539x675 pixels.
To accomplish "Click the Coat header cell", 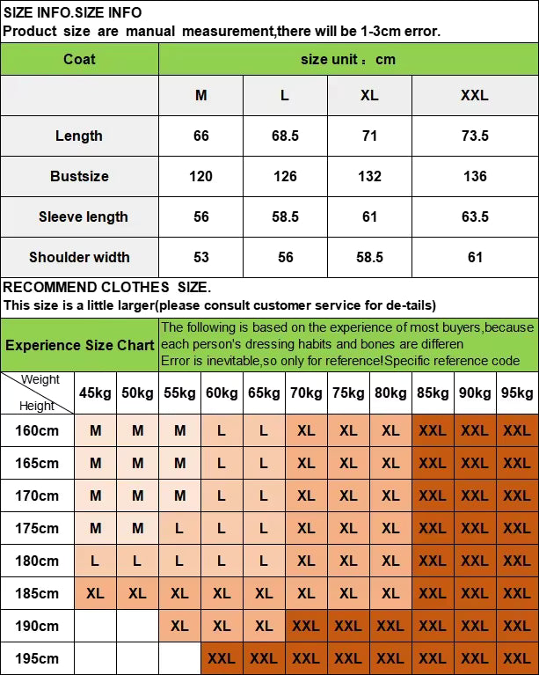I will point(79,59).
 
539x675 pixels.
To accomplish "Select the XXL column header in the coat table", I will point(475,95).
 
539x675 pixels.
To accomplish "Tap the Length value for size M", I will point(201,136).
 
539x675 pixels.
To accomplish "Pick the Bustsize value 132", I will point(369,176).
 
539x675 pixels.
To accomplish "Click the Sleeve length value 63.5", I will point(475,216).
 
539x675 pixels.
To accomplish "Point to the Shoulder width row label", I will point(79,257).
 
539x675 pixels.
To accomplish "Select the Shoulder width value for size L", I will point(285,257).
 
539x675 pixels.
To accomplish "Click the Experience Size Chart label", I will point(80,345).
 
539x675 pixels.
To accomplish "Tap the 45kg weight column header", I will point(95,393).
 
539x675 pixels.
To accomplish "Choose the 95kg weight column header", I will point(517,393).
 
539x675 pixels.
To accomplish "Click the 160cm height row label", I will point(37,430).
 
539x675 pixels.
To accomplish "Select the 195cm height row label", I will point(37,658).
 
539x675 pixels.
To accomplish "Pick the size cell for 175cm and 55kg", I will point(179,528).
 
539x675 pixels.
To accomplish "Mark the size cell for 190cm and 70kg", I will point(306,626).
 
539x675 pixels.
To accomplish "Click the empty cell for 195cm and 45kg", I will point(95,658).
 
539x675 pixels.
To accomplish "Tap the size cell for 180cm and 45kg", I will point(95,561).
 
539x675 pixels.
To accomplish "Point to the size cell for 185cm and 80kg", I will point(390,593).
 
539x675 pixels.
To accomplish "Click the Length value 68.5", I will point(285,136).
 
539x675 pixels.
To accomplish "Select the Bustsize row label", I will point(79,176).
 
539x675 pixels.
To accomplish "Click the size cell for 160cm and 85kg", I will point(433,430).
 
